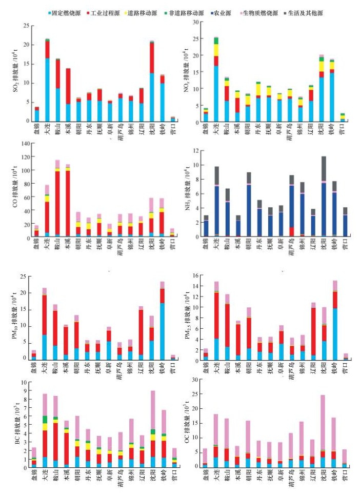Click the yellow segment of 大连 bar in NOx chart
tap(216, 50)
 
